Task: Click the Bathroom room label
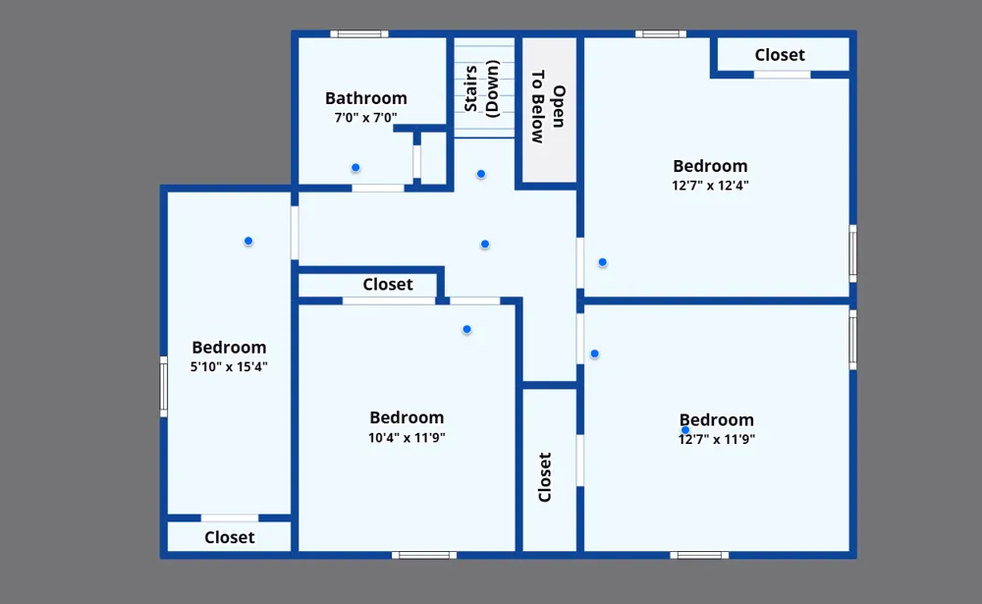click(x=365, y=98)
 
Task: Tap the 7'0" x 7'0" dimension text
click(x=365, y=117)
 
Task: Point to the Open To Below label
click(x=548, y=106)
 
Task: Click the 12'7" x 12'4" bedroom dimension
click(x=710, y=186)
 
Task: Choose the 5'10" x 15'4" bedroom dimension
click(x=229, y=366)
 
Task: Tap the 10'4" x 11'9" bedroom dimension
click(x=407, y=437)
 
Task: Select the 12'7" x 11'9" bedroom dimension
click(x=717, y=439)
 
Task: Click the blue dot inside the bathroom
click(x=355, y=167)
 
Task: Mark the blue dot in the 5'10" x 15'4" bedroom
click(x=248, y=241)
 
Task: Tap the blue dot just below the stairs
click(x=481, y=174)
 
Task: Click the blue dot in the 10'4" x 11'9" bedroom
click(x=466, y=329)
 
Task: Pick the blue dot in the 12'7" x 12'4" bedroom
click(x=603, y=262)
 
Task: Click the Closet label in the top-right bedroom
click(x=780, y=55)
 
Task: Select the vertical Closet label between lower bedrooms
click(x=545, y=476)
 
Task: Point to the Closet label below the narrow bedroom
click(x=230, y=537)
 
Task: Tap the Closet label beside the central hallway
click(x=388, y=285)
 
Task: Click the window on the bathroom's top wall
click(x=359, y=33)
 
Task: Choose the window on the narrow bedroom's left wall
click(x=163, y=387)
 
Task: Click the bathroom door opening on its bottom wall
click(x=378, y=188)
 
